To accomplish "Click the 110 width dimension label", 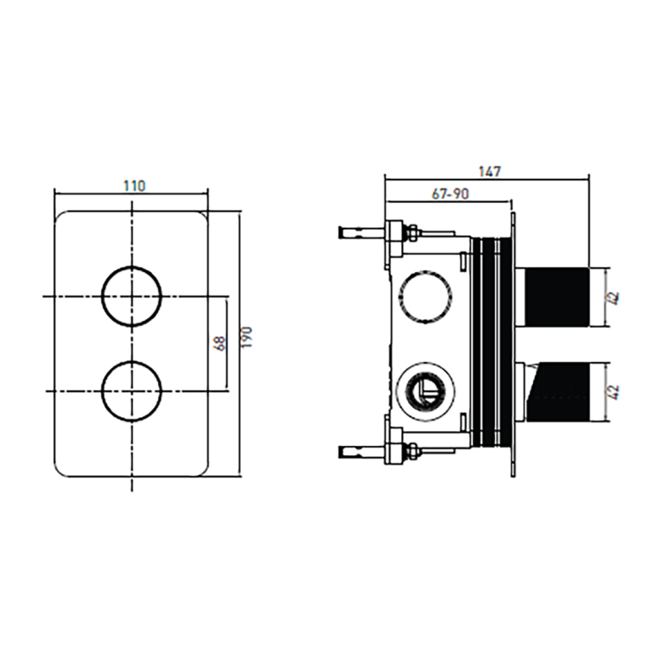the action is [x=135, y=186].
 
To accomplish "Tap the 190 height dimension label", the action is [x=247, y=337].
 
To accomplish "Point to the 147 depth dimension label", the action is [x=489, y=172].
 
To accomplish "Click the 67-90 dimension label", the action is [x=450, y=194].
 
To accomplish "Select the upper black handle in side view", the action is [x=556, y=297].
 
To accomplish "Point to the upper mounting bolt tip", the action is [x=341, y=233].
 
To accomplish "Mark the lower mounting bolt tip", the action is [x=341, y=451].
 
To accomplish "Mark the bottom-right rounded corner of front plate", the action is [x=203, y=471].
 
